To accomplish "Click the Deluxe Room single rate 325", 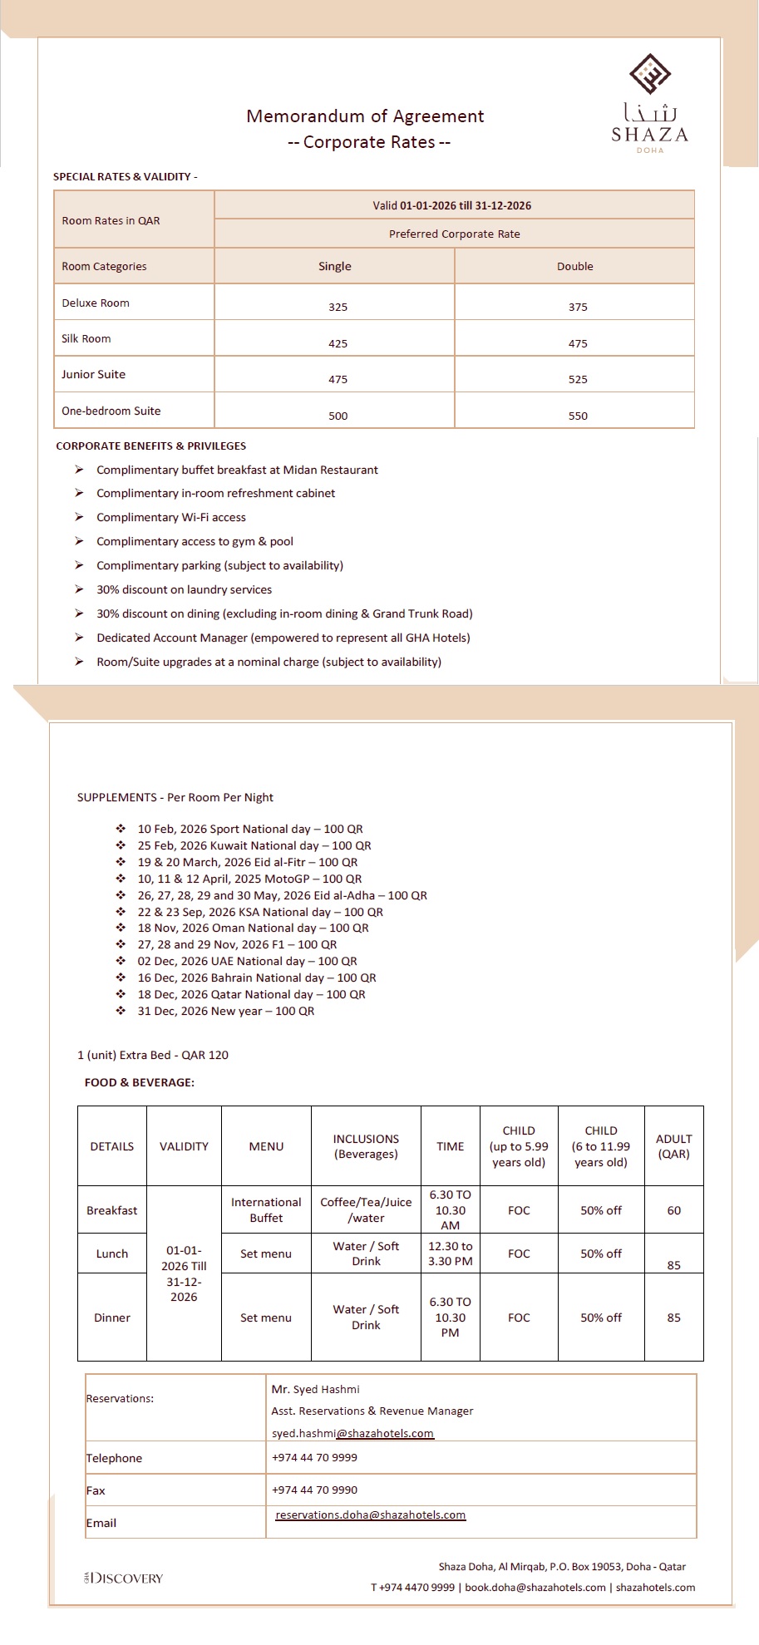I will coord(338,307).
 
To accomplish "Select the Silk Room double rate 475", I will coord(578,343).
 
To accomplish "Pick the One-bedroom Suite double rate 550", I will coord(578,416).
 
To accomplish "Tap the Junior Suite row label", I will coord(94,374).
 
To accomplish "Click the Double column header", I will coord(574,266).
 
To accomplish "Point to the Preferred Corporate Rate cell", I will coord(454,234).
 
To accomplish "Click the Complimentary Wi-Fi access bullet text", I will coord(171,517).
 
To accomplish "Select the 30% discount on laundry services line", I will coord(184,589).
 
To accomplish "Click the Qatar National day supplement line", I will coord(251,994).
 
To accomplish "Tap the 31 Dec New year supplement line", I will coord(225,1011).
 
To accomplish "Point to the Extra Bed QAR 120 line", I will coord(153,1055).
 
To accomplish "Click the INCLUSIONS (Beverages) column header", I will coord(366,1146).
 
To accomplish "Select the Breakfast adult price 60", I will coord(673,1210).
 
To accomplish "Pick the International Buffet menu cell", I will coord(266,1209).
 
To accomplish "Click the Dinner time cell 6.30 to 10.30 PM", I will coord(450,1317).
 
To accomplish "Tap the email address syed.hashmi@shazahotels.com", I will coord(352,1433).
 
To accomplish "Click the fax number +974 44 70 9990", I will coord(314,1490).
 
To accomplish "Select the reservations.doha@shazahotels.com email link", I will coord(371,1514).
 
